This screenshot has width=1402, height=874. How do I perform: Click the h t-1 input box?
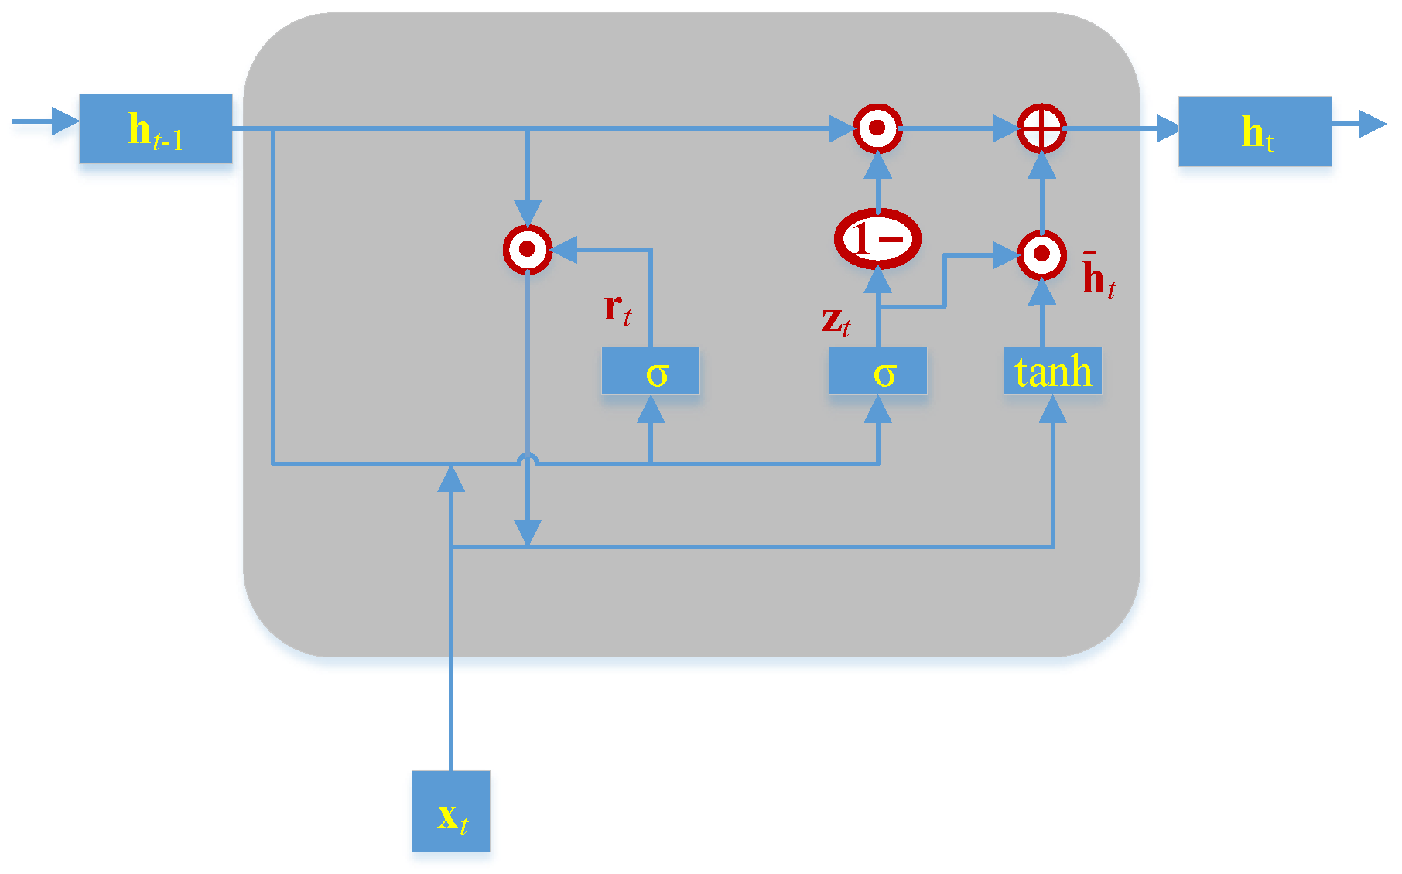(x=156, y=129)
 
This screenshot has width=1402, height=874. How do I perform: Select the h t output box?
(x=1254, y=131)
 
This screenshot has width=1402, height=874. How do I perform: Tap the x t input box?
(x=450, y=811)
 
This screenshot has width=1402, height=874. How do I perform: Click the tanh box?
(x=1052, y=371)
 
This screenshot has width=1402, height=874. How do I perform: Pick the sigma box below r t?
(x=650, y=372)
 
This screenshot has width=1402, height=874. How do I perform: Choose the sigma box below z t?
(x=877, y=372)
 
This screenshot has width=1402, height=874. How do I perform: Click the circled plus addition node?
(x=1041, y=128)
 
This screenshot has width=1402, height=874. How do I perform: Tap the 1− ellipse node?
(x=877, y=238)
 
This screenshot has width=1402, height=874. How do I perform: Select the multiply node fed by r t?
(x=527, y=250)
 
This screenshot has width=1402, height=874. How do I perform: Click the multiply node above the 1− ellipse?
(x=877, y=128)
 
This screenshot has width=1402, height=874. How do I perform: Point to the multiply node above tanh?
(x=1041, y=254)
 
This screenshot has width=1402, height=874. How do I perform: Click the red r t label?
(x=617, y=309)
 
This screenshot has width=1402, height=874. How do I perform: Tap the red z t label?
(x=836, y=320)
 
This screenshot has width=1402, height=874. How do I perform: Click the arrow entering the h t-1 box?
(x=46, y=121)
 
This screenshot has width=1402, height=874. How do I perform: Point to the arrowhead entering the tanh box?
(x=1052, y=409)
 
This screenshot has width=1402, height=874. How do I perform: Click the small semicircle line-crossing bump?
(x=527, y=459)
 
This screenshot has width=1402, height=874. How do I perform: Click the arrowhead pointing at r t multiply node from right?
(x=563, y=250)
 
